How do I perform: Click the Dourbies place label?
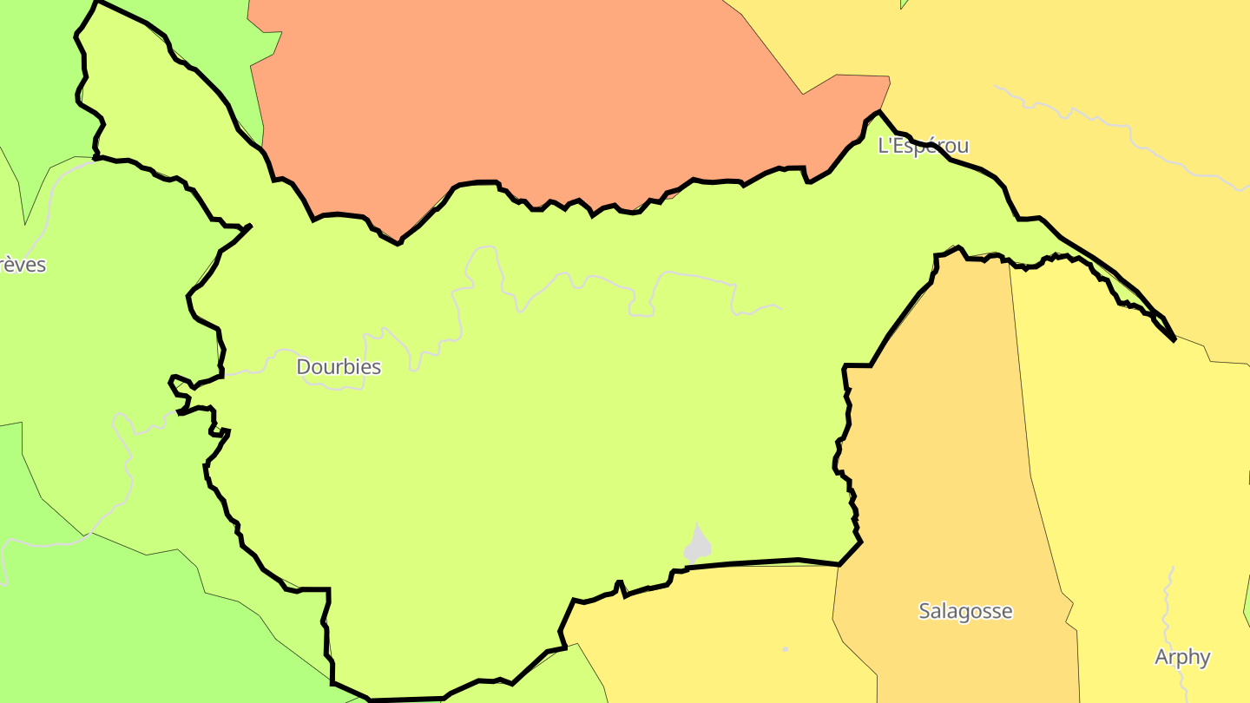point(339,367)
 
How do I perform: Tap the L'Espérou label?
point(923,146)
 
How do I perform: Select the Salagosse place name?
point(965,611)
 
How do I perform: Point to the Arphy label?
point(1182,657)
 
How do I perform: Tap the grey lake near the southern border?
point(697,545)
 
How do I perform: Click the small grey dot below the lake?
point(786,649)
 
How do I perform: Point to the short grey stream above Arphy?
point(1168,599)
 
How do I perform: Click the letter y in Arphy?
point(1204,659)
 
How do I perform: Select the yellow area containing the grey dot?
point(712,634)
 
